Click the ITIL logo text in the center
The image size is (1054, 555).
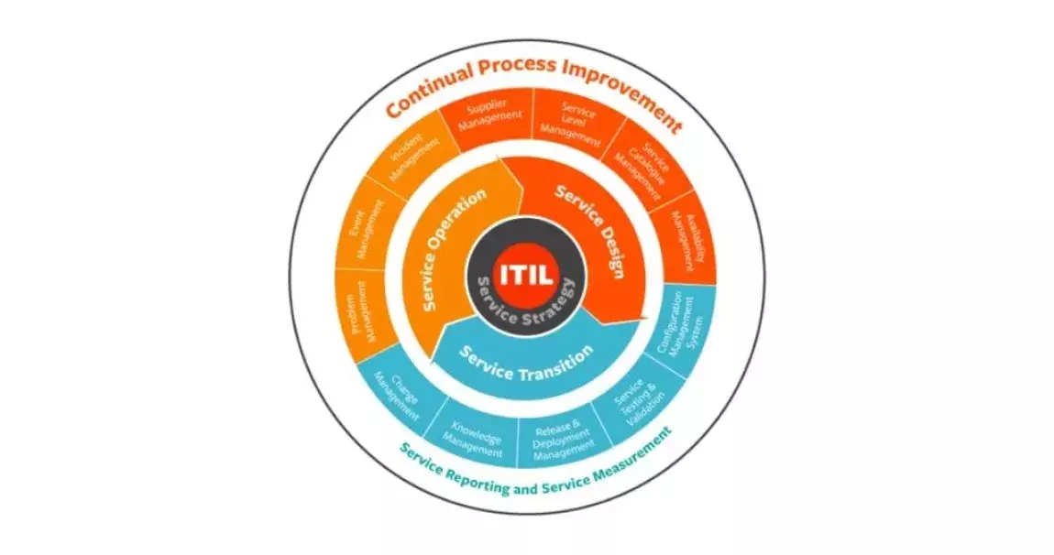(x=527, y=274)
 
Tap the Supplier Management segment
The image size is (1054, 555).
(x=489, y=123)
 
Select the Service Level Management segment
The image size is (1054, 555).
(x=576, y=125)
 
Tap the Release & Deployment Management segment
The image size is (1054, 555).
(x=564, y=438)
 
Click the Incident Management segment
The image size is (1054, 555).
(x=408, y=156)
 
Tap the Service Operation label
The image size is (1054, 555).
(x=455, y=249)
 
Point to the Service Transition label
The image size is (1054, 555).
(x=527, y=363)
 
